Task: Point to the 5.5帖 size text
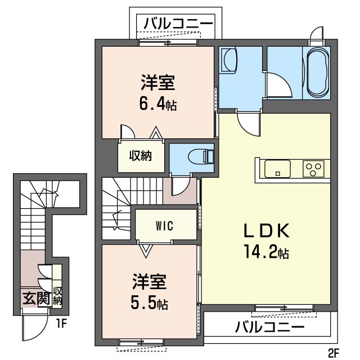(x=148, y=303)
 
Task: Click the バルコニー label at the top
(x=178, y=24)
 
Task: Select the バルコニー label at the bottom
(x=269, y=326)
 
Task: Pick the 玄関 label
(x=35, y=298)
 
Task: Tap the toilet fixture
(x=200, y=155)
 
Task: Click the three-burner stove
(x=314, y=168)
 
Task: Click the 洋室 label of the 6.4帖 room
(x=157, y=84)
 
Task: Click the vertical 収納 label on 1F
(x=57, y=295)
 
